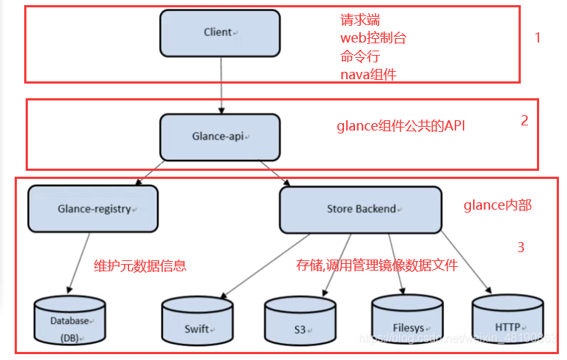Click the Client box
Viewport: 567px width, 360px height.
pyautogui.click(x=220, y=33)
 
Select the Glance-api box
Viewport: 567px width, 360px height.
pyautogui.click(x=220, y=137)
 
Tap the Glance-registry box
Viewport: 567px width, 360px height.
pyautogui.click(x=92, y=208)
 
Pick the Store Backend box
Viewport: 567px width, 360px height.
pyautogui.click(x=361, y=209)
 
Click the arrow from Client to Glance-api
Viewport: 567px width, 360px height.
pyautogui.click(x=221, y=84)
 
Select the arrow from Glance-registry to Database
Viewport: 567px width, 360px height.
pyautogui.click(x=80, y=262)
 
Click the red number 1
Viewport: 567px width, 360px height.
pyautogui.click(x=537, y=37)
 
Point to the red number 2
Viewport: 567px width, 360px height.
pyautogui.click(x=524, y=121)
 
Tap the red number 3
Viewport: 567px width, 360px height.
pyautogui.click(x=521, y=248)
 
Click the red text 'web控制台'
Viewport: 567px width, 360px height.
pyautogui.click(x=373, y=38)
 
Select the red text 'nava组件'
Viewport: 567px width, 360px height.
pyautogui.click(x=368, y=73)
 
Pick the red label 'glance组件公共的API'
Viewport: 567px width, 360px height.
pyautogui.click(x=400, y=125)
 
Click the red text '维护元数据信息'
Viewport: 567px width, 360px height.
pyautogui.click(x=140, y=265)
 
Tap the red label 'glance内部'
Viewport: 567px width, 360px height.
pyautogui.click(x=497, y=206)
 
